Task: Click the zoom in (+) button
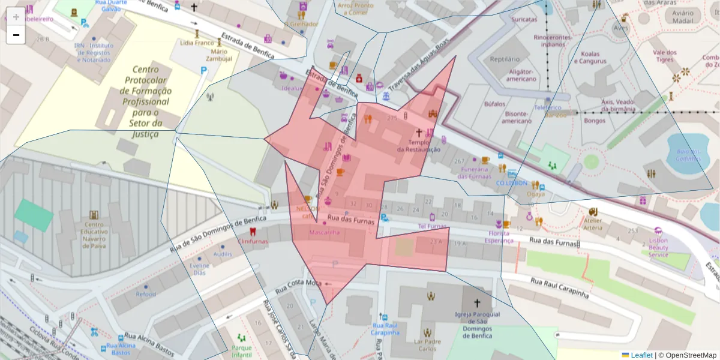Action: tap(16, 17)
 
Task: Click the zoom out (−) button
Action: tap(16, 35)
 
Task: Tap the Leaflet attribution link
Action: tap(641, 355)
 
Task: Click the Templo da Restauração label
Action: tap(418, 146)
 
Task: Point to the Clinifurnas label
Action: tap(253, 241)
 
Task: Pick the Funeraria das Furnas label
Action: tap(474, 172)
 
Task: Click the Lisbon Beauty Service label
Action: tap(658, 247)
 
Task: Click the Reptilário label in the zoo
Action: tap(505, 59)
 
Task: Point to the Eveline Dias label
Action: tap(199, 269)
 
